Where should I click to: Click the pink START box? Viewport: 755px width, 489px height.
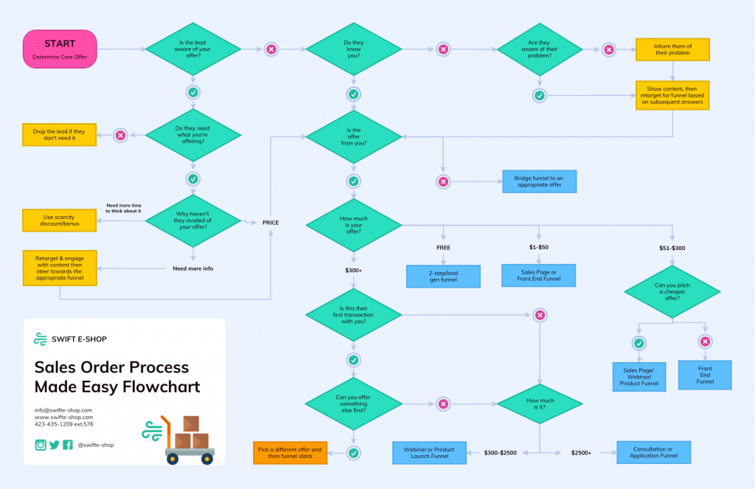60,49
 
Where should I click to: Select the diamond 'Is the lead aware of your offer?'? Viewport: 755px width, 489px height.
192,49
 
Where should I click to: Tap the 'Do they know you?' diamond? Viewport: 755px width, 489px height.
353,49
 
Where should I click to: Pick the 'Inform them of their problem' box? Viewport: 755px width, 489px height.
672,49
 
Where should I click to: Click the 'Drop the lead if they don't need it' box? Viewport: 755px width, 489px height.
60,135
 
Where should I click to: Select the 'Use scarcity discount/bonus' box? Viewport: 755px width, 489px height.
60,220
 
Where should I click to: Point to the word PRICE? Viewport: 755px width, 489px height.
271,222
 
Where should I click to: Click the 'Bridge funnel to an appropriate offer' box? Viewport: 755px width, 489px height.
539,181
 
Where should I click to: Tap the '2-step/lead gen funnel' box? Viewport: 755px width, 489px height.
443,277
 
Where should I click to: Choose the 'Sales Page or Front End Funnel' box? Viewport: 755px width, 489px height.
539,275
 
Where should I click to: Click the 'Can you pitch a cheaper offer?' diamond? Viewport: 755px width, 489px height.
672,291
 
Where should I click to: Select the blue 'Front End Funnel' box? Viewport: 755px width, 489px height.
705,375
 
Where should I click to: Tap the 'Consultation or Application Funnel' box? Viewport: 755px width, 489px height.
653,452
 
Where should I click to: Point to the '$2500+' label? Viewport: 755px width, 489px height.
581,453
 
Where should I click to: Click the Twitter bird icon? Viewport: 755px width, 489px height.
54,445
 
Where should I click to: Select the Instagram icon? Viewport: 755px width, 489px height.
41,445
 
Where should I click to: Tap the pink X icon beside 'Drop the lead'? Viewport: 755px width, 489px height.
120,135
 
